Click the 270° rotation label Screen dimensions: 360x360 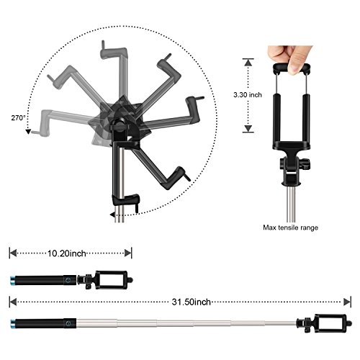click(x=18, y=118)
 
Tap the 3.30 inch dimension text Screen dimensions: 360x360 click(x=248, y=95)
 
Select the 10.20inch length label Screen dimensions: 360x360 click(x=67, y=253)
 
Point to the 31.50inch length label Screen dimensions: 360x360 click(x=192, y=302)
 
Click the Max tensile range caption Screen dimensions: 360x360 click(x=291, y=228)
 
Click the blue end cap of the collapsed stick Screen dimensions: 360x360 click(x=12, y=280)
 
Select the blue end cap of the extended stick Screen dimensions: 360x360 click(x=12, y=323)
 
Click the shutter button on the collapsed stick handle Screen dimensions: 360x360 click(x=68, y=280)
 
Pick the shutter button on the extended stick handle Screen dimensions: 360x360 click(x=68, y=323)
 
